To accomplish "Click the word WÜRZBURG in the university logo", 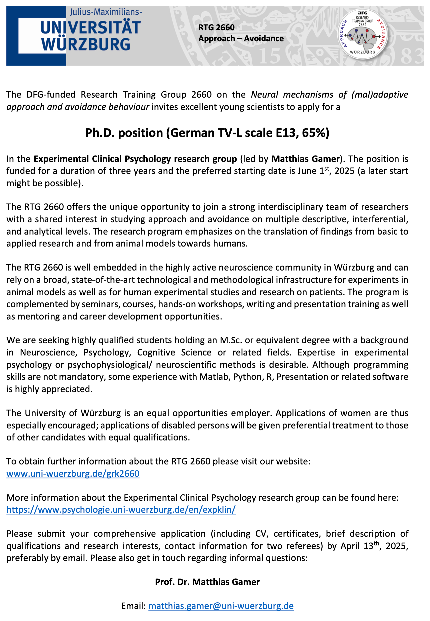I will (86, 44).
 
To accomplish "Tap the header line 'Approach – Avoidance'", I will (241, 39).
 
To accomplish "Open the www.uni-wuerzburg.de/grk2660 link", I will (73, 473).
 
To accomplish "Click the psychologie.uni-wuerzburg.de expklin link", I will (121, 510).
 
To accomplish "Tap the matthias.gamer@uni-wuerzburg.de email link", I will (221, 606).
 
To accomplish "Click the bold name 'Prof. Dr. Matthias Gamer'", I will (207, 582).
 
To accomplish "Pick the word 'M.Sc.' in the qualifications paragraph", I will (231, 340).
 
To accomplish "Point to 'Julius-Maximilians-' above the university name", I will (106, 12).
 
